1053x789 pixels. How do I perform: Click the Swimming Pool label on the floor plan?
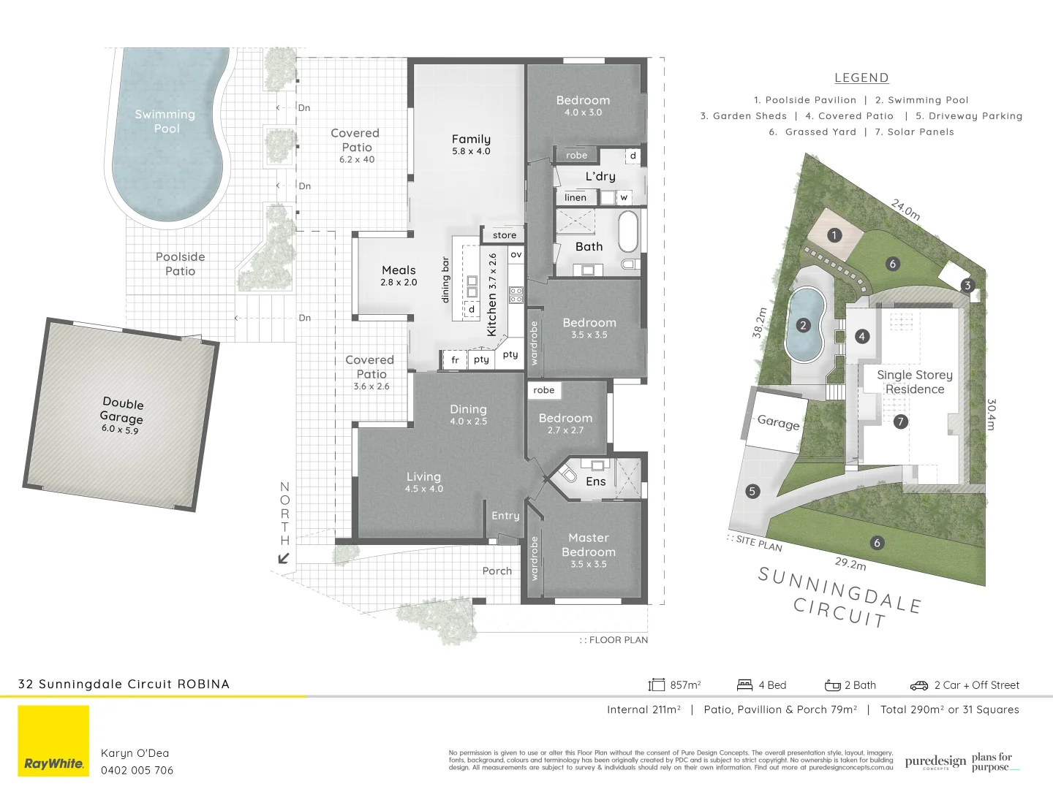coord(165,121)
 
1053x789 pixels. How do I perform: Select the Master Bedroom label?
coord(589,545)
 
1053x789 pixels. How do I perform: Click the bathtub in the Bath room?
coord(628,232)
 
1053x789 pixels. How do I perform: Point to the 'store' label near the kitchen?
coord(505,235)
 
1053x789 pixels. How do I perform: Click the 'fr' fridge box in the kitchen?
coord(455,359)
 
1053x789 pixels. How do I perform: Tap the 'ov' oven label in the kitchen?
coord(516,254)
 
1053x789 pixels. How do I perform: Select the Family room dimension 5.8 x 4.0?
coord(471,151)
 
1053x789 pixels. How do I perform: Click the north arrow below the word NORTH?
coord(284,559)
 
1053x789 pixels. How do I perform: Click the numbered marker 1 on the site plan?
coord(834,235)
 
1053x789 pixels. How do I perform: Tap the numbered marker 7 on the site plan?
coord(900,422)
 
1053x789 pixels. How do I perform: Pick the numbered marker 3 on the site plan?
coord(967,286)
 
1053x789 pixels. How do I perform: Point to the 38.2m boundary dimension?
coord(760,322)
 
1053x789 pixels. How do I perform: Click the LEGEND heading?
coord(861,78)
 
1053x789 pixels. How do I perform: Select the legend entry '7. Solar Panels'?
coord(914,132)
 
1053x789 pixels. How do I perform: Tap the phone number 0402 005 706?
coord(137,770)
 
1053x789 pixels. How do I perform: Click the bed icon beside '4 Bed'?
coord(744,685)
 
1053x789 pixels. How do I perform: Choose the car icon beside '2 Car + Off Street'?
coord(918,685)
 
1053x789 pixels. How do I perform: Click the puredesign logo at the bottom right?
coord(935,763)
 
